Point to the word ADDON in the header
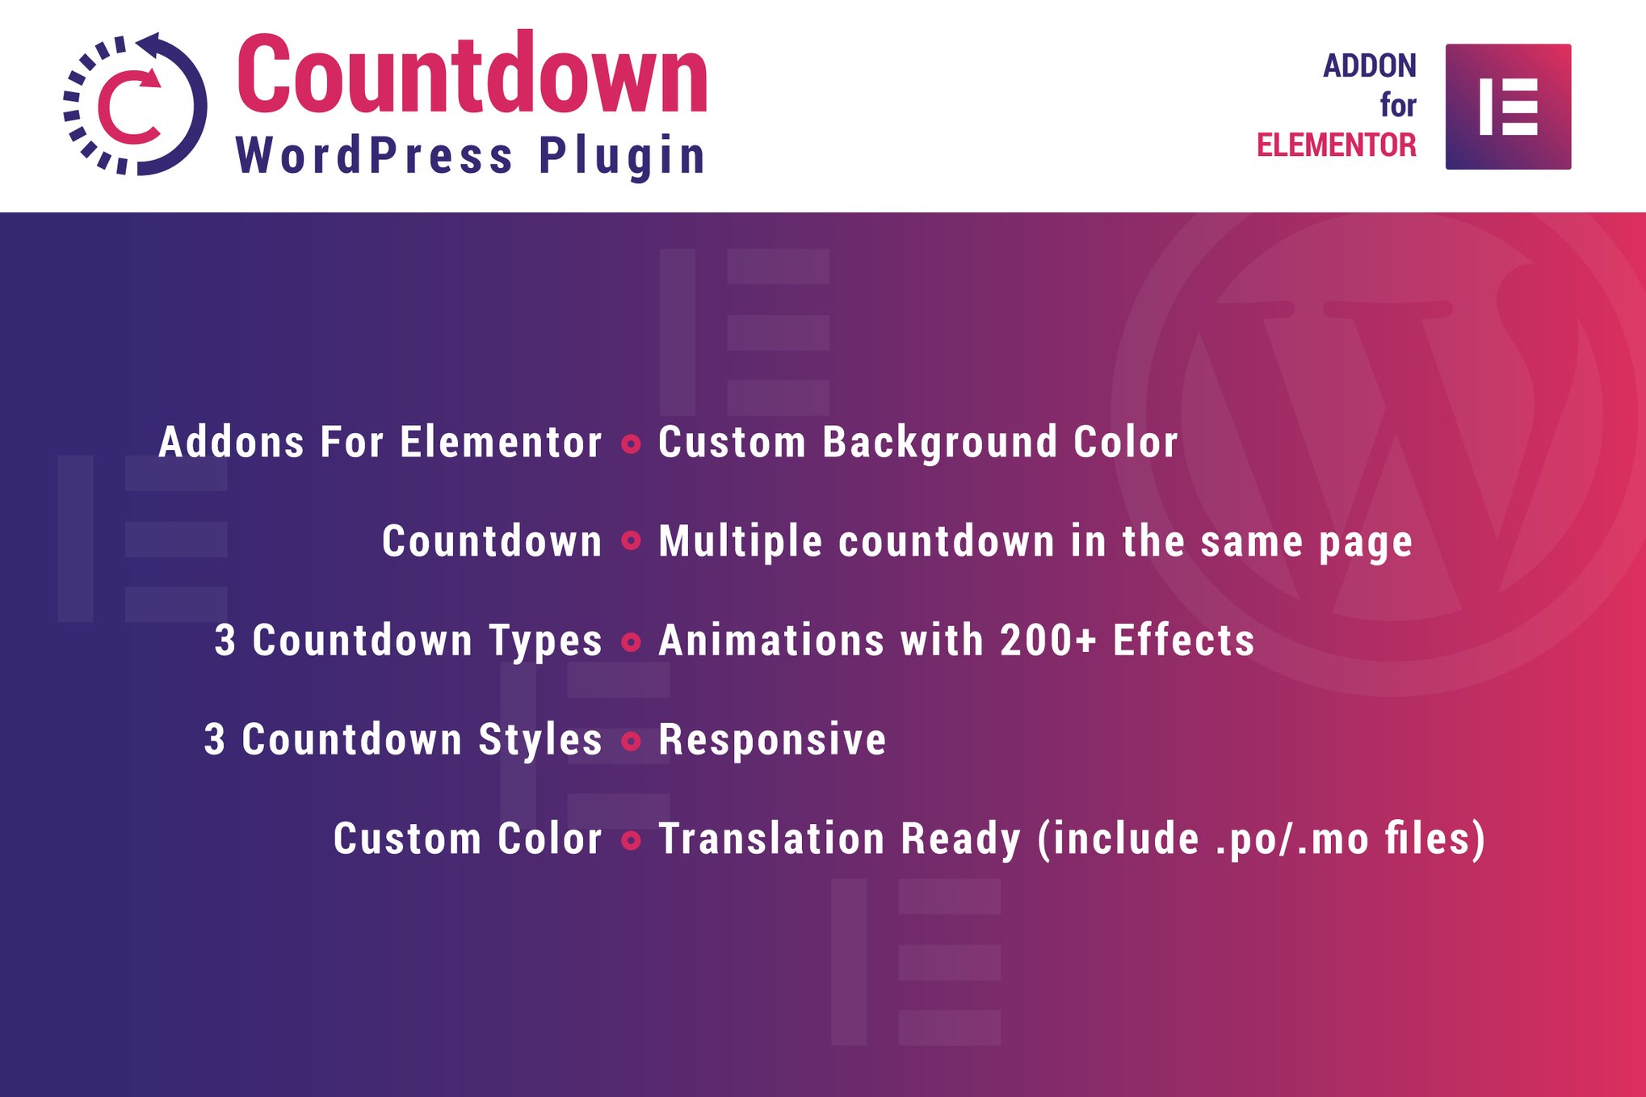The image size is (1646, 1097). click(1370, 65)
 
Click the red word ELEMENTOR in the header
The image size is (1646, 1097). click(1337, 145)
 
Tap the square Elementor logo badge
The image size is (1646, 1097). click(1508, 107)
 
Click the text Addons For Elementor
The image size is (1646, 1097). click(380, 443)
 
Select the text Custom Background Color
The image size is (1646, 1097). click(918, 443)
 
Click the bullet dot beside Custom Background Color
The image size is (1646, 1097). click(632, 443)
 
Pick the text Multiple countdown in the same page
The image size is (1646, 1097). click(1035, 542)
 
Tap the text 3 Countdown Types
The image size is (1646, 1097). click(409, 641)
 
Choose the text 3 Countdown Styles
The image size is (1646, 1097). click(403, 740)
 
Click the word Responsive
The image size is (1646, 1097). click(773, 740)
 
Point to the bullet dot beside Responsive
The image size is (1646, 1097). click(632, 741)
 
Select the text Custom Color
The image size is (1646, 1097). click(468, 839)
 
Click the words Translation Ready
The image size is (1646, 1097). click(840, 839)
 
